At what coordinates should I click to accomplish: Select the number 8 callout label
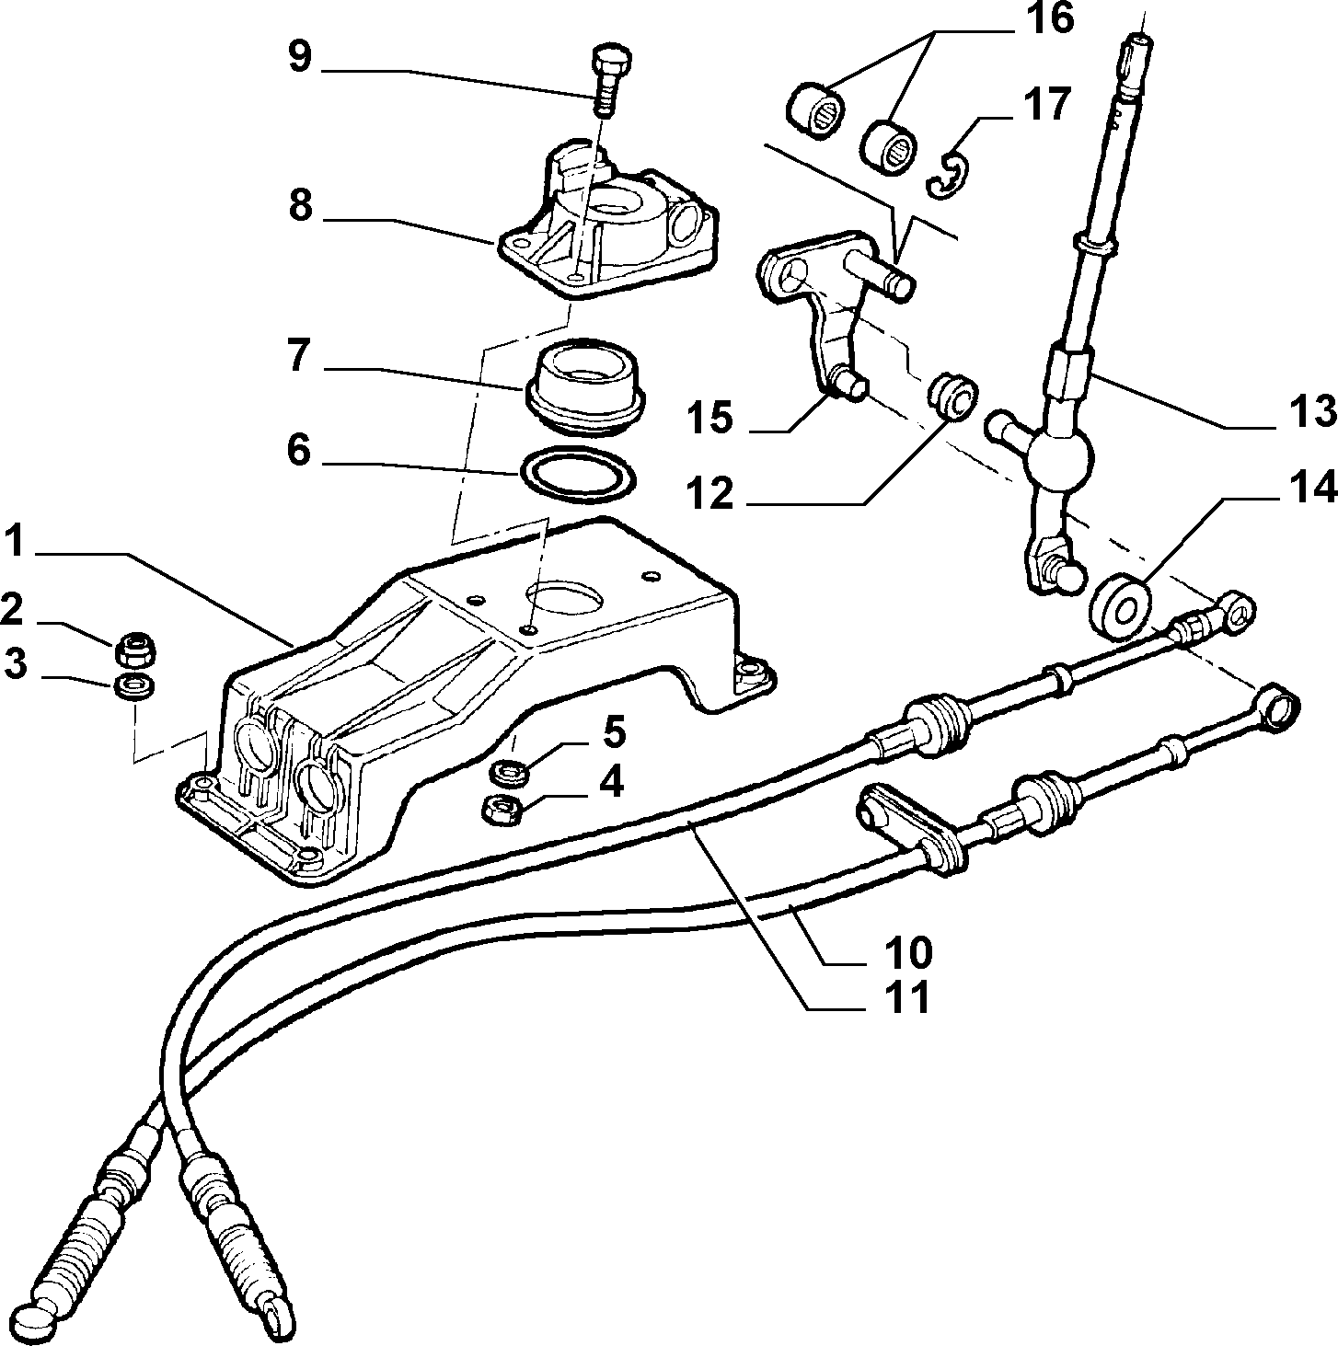click(x=300, y=207)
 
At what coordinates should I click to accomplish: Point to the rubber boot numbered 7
click(x=585, y=387)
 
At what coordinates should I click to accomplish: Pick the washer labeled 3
click(x=133, y=686)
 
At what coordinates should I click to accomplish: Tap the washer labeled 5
click(x=509, y=773)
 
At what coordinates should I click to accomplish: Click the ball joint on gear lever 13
click(x=1059, y=457)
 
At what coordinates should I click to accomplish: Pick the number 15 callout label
click(x=709, y=417)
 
